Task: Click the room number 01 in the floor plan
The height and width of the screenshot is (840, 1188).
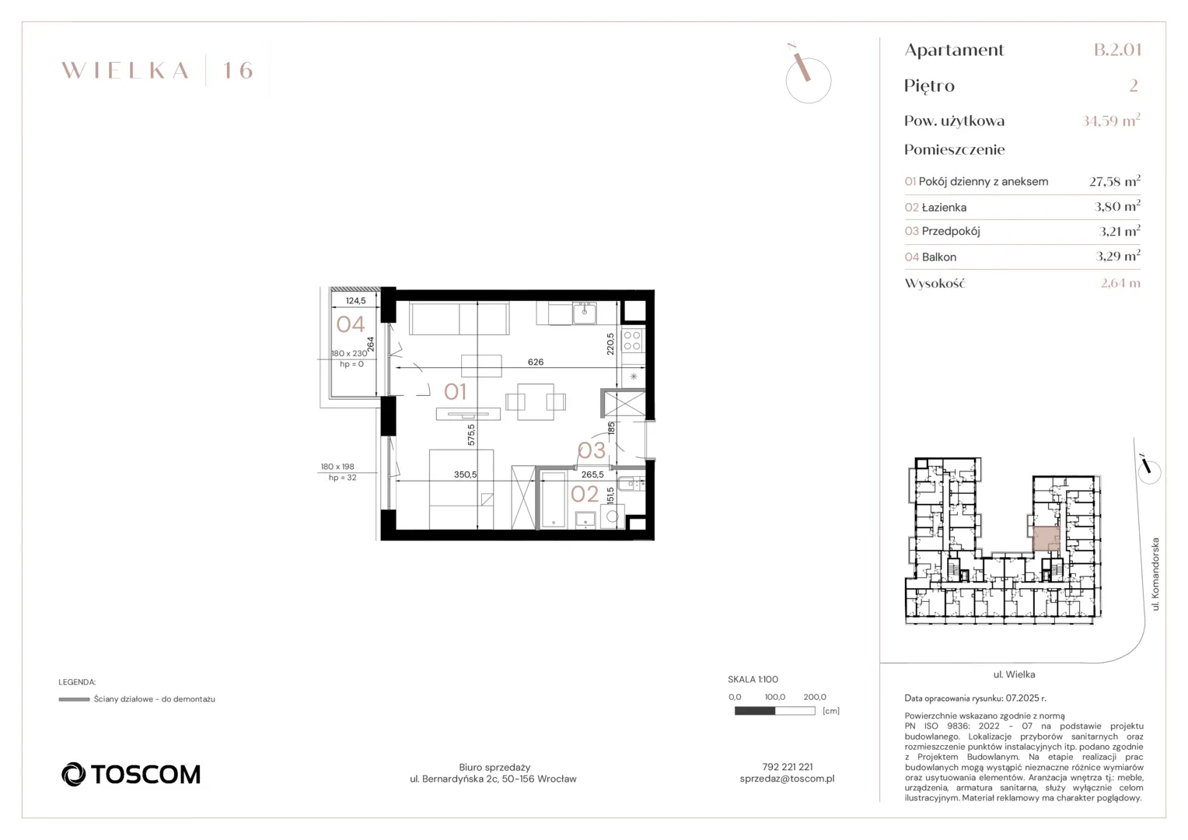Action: pyautogui.click(x=455, y=391)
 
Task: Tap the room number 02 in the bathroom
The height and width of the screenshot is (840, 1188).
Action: pyautogui.click(x=585, y=494)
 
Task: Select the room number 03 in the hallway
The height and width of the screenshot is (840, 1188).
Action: pyautogui.click(x=592, y=450)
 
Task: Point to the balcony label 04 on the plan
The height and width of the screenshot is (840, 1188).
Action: pyautogui.click(x=351, y=324)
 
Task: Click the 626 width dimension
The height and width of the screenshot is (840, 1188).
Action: pyautogui.click(x=536, y=362)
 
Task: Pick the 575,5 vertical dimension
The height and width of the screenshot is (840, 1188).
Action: pyautogui.click(x=471, y=434)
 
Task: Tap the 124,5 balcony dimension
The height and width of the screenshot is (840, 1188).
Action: pyautogui.click(x=355, y=300)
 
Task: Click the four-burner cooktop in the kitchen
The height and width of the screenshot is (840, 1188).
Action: pyautogui.click(x=632, y=341)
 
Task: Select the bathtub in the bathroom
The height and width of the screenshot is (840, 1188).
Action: pyautogui.click(x=553, y=499)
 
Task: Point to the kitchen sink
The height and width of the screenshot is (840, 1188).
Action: pyautogui.click(x=585, y=313)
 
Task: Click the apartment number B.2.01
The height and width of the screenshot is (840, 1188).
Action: pyautogui.click(x=1117, y=49)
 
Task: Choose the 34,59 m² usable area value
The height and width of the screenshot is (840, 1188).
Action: pyautogui.click(x=1111, y=121)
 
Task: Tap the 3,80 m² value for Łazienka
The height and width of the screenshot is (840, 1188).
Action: pyautogui.click(x=1117, y=206)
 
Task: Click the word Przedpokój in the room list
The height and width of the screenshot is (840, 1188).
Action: pyautogui.click(x=951, y=231)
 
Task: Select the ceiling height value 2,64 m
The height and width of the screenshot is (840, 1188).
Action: pyautogui.click(x=1120, y=283)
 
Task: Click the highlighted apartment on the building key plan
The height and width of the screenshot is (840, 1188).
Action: pyautogui.click(x=1046, y=538)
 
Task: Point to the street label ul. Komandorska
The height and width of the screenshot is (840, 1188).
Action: pyautogui.click(x=1155, y=574)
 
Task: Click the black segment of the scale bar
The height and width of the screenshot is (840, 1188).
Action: pyautogui.click(x=755, y=711)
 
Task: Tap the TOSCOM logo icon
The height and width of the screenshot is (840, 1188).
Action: pyautogui.click(x=73, y=774)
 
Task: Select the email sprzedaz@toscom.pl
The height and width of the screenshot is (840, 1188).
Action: pyautogui.click(x=787, y=779)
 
